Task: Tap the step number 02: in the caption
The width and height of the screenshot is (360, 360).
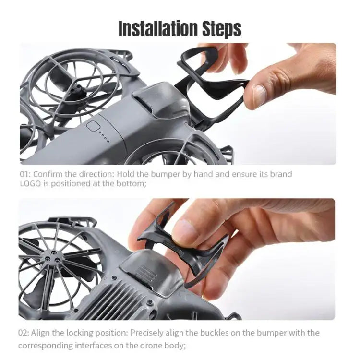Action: coord(25,333)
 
